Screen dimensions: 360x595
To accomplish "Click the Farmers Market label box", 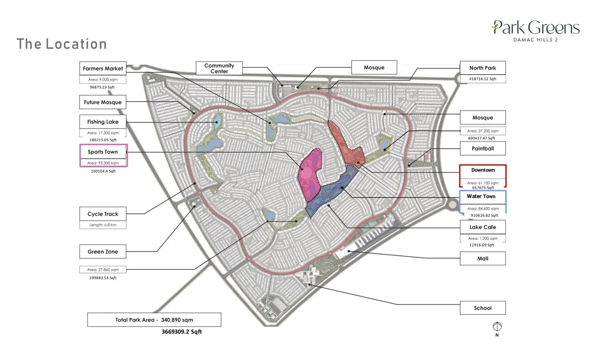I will [x=103, y=68].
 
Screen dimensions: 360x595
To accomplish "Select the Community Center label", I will [x=219, y=68].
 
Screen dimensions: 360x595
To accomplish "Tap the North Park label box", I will [x=482, y=68].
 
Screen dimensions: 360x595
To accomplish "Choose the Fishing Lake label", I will [x=103, y=122].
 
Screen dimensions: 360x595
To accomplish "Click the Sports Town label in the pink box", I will [x=104, y=152].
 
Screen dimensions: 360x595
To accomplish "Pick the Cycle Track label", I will [x=103, y=214].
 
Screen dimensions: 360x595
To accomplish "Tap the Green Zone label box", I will [x=103, y=252].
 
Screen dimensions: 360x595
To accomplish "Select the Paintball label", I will [x=482, y=148].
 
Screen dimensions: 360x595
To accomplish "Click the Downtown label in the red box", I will [x=483, y=171].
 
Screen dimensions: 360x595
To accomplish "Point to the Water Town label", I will [x=481, y=197].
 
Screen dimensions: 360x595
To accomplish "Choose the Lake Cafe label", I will [x=482, y=228].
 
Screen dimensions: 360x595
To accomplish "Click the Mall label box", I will [x=482, y=258].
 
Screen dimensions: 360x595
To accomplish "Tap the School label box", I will [x=482, y=308].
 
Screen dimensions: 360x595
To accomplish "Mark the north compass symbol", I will [x=497, y=327].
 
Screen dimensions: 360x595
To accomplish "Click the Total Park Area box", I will [x=154, y=320].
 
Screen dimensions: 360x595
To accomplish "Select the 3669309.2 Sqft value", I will [x=182, y=332].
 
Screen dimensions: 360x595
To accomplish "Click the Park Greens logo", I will [x=535, y=30].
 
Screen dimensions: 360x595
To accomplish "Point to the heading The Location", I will [x=61, y=44].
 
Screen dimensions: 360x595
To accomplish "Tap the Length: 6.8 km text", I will [x=104, y=225].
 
